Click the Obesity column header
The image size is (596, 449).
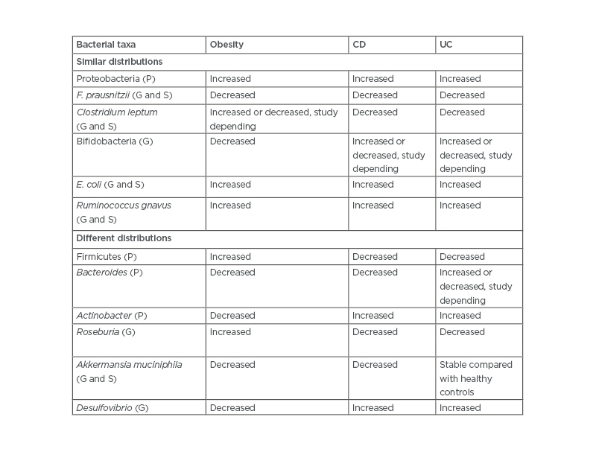[226, 45]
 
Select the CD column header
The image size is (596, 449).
[359, 45]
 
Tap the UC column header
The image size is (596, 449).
[446, 45]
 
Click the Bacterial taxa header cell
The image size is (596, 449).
[106, 45]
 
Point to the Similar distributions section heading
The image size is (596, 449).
[119, 62]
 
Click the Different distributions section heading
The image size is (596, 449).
[124, 238]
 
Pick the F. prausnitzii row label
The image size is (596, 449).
[124, 95]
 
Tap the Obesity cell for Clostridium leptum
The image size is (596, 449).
[273, 119]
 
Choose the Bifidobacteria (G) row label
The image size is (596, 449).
[114, 141]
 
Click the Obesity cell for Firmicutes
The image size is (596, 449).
[230, 257]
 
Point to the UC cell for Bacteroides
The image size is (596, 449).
[476, 286]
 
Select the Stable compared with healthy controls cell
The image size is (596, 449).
[476, 378]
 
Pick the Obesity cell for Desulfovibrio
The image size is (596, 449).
[232, 408]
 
